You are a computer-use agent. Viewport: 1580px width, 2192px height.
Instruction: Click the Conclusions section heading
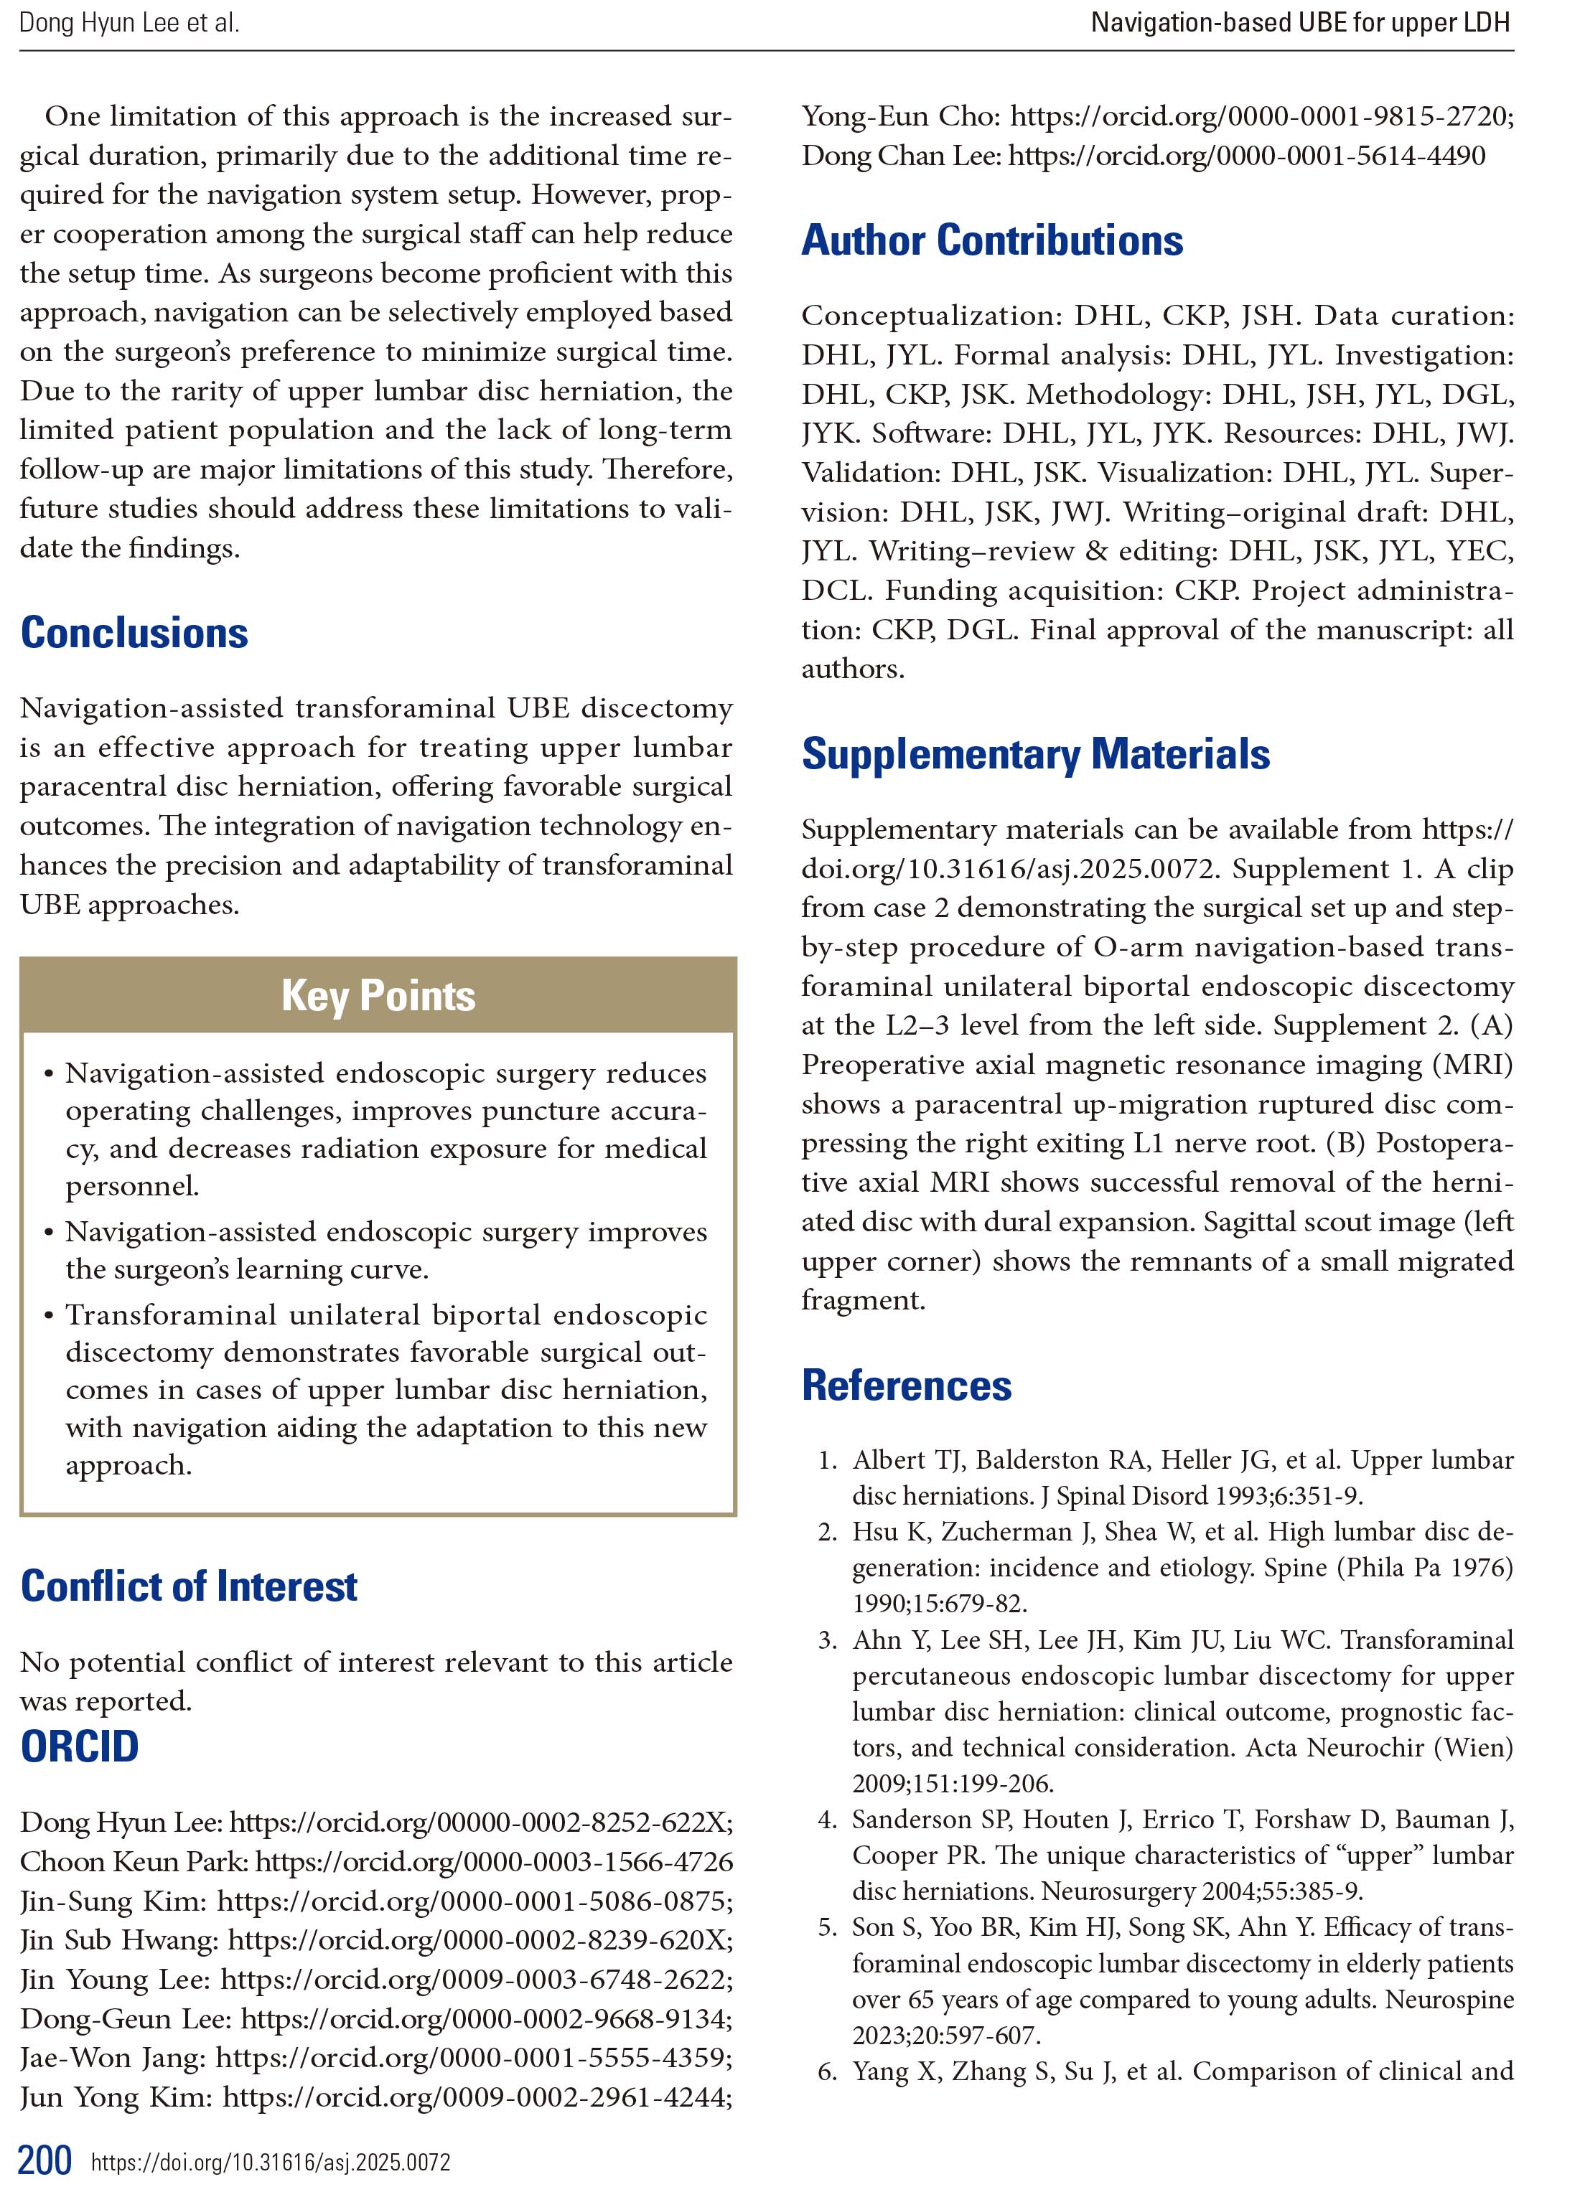(x=134, y=633)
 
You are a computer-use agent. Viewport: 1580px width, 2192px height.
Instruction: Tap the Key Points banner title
(x=378, y=995)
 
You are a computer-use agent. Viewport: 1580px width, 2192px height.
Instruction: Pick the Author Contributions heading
(x=992, y=240)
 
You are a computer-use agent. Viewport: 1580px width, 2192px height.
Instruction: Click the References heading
(x=907, y=1385)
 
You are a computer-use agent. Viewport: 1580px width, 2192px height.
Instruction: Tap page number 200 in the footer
(x=45, y=2160)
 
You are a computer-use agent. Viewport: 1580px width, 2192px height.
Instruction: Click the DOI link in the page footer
(x=271, y=2162)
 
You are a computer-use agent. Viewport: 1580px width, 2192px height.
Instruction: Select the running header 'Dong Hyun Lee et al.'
(x=129, y=23)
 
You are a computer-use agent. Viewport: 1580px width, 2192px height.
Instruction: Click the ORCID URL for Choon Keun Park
(x=494, y=1861)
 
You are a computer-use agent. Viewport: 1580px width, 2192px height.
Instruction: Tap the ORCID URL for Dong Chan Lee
(x=1246, y=156)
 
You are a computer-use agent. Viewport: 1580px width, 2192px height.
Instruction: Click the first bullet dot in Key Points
(x=48, y=1075)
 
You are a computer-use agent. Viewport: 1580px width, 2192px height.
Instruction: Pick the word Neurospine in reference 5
(x=1449, y=1999)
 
